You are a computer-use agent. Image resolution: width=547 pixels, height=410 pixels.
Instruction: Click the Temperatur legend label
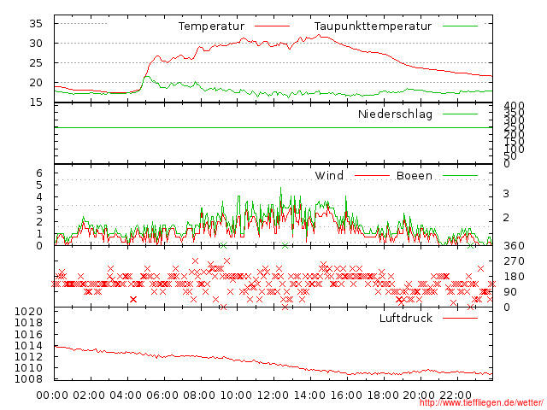coord(211,26)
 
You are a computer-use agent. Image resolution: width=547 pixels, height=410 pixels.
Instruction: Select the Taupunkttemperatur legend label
coord(372,26)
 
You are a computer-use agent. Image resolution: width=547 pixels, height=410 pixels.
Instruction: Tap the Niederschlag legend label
coord(395,114)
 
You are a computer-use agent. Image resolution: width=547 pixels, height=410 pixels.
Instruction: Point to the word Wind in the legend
coord(329,176)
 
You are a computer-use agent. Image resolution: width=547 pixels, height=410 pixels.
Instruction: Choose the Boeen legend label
coord(415,176)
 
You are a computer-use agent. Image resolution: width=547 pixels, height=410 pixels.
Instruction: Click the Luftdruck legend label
coord(406,319)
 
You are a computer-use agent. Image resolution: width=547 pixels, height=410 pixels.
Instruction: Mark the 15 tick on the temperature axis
coord(36,102)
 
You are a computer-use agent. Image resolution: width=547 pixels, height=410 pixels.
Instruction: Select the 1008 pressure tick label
coord(28,379)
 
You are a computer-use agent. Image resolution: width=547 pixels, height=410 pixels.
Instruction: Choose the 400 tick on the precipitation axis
coord(513,107)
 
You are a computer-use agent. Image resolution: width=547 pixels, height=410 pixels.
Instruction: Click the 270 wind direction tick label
coord(513,261)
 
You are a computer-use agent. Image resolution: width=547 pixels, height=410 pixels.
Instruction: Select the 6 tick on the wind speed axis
coord(38,173)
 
